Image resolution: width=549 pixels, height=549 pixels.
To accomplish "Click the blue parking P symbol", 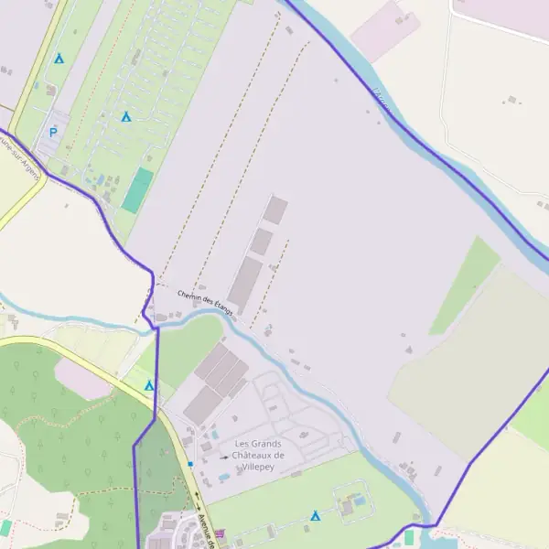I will point(53,133).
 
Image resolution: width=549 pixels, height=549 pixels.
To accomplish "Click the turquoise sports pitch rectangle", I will point(138,190).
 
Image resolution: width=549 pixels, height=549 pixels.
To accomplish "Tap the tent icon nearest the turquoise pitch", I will point(126,117).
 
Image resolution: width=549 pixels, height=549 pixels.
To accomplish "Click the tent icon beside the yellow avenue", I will point(149,385).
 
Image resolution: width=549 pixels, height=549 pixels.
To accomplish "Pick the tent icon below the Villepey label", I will point(316,516).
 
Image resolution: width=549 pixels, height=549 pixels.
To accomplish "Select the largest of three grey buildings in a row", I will point(245,283).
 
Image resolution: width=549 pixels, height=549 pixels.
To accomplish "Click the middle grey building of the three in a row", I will point(262,242).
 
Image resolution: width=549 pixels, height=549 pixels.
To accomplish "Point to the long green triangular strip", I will point(465,285).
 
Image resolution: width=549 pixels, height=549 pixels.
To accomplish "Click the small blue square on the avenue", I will point(190,464).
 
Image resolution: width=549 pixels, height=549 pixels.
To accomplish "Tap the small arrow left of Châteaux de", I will point(224,456).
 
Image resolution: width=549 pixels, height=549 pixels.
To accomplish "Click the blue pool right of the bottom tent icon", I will point(360,501).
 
